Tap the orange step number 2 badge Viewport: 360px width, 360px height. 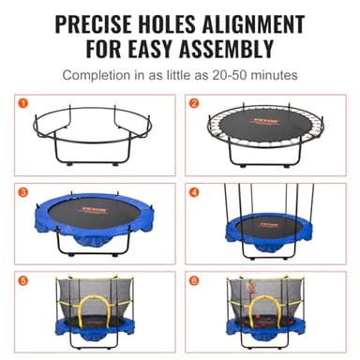195,102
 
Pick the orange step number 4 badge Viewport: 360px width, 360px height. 195,192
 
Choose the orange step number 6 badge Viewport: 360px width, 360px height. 195,279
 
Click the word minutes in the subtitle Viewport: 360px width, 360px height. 273,73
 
